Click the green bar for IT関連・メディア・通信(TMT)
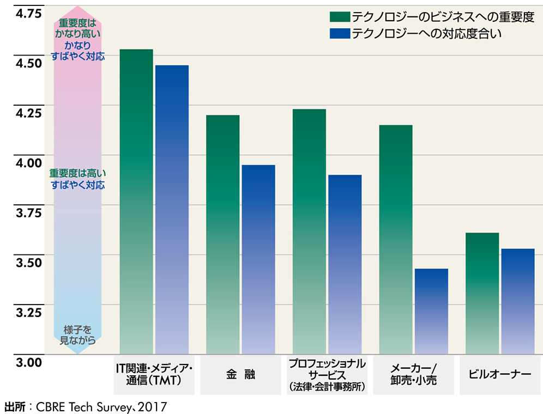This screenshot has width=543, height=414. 136,202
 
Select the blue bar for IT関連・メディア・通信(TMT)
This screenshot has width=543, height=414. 172,210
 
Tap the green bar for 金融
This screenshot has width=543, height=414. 222,234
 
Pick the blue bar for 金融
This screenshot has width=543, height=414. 258,259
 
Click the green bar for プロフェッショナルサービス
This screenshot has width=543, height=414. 309,232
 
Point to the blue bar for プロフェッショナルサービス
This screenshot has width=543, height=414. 345,264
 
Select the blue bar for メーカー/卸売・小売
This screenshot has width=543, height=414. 431,311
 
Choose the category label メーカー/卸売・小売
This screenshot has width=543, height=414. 413,375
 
